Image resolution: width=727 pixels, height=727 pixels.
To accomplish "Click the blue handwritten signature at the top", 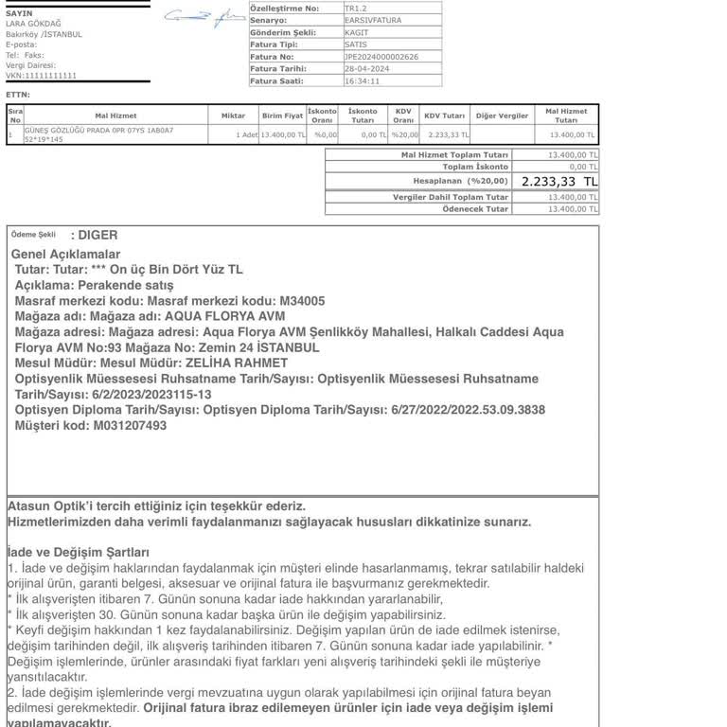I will click(x=202, y=16).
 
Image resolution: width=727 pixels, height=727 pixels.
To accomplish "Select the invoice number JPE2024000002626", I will click(x=381, y=57).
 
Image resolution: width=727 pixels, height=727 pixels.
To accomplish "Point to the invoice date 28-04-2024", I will click(x=364, y=69).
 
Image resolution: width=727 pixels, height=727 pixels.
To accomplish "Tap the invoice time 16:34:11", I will click(x=362, y=81).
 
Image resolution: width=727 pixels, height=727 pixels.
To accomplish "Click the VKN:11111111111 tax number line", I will click(x=42, y=75).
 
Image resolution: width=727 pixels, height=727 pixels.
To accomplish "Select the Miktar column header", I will click(x=233, y=115).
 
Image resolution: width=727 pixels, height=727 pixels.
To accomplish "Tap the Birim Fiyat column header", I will click(x=282, y=115).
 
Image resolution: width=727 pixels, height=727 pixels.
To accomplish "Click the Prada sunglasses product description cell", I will click(x=99, y=134).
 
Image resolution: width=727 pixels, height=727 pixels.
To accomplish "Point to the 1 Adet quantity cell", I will click(x=247, y=135).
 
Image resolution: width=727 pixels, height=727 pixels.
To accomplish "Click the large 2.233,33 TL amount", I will click(x=559, y=181).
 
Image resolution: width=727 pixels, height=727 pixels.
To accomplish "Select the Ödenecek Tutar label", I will click(x=475, y=209).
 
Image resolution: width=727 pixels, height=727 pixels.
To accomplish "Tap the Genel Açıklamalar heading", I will click(x=65, y=255).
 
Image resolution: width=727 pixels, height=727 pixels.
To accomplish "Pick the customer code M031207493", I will click(x=129, y=426).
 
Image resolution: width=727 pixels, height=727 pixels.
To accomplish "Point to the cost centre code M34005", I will click(x=302, y=301).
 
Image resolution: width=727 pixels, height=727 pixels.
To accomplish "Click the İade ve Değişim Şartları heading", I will click(x=78, y=552).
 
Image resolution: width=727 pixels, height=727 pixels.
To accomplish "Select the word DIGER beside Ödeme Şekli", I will click(x=98, y=235).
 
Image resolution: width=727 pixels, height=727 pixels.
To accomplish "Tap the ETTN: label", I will click(x=18, y=95).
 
